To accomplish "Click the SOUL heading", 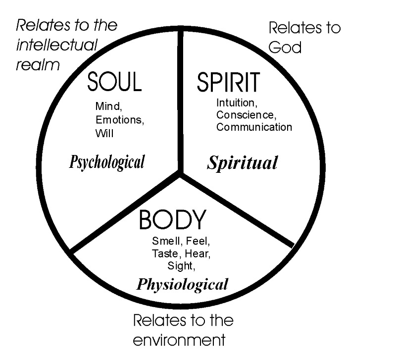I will click(x=114, y=82).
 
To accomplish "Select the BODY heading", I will click(x=172, y=220).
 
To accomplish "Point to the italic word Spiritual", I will click(x=242, y=162).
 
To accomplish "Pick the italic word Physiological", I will click(x=182, y=284).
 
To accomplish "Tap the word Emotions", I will click(x=116, y=119).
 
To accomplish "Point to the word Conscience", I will click(x=245, y=115).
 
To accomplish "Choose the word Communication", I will click(x=254, y=127).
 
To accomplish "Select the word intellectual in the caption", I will click(x=57, y=45).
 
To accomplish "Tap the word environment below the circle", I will click(x=179, y=340).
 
